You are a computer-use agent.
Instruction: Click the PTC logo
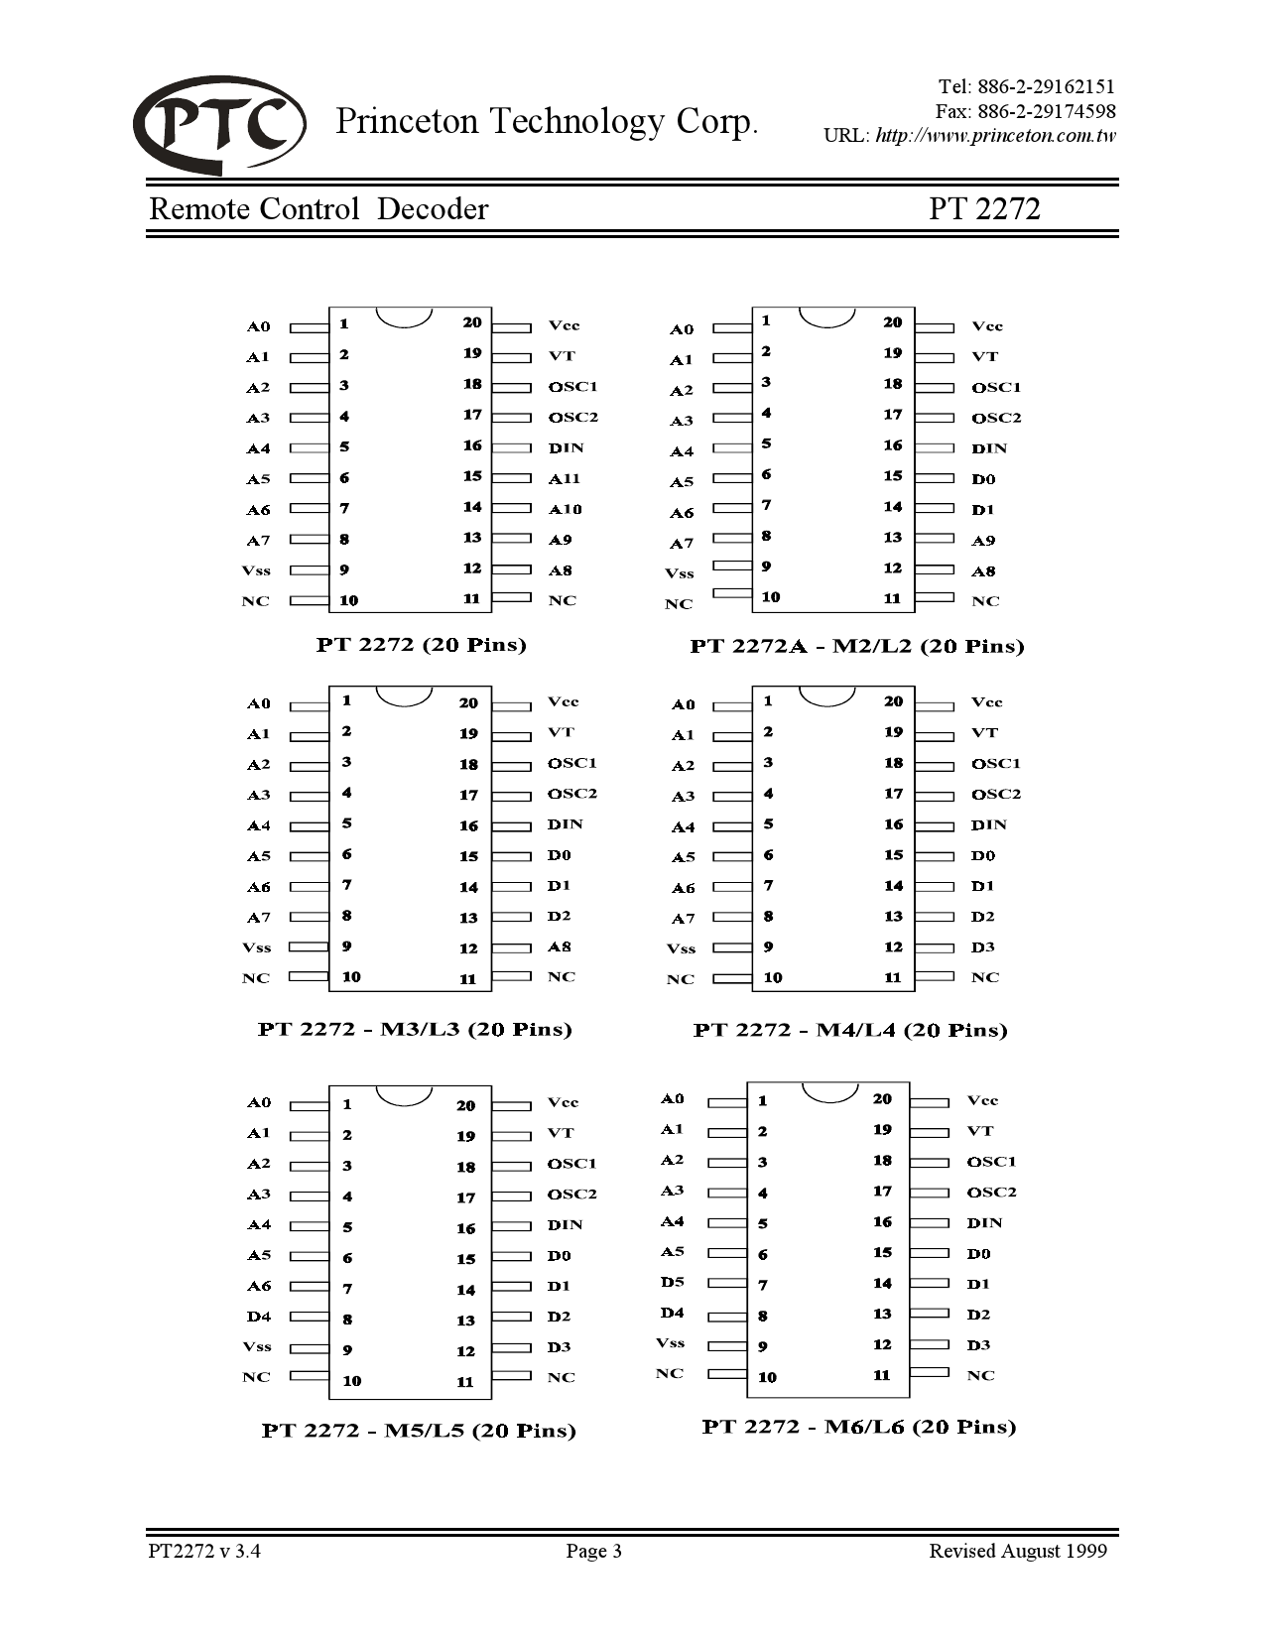[219, 125]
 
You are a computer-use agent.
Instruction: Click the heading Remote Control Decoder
[318, 209]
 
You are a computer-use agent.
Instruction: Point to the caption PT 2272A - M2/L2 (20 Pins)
[857, 646]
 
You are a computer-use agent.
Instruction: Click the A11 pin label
[565, 479]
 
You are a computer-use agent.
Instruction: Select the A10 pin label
[566, 510]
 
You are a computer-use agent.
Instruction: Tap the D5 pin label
[673, 1282]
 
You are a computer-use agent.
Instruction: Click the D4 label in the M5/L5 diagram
[259, 1317]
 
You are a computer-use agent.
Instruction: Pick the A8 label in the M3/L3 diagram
[560, 947]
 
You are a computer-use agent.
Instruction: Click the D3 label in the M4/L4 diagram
[982, 947]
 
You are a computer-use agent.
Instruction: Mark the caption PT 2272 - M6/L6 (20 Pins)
[859, 1427]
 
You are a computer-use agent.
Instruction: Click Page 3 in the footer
[593, 1551]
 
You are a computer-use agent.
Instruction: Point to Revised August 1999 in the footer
[1017, 1551]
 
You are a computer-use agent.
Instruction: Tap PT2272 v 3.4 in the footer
[204, 1551]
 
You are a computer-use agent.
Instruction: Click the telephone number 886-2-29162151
[1046, 87]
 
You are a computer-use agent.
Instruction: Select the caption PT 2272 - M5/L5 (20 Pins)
[419, 1431]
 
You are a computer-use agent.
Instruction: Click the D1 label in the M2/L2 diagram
[983, 510]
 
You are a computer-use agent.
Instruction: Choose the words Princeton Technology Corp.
[547, 121]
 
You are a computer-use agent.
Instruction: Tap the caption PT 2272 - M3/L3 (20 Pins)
[415, 1029]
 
